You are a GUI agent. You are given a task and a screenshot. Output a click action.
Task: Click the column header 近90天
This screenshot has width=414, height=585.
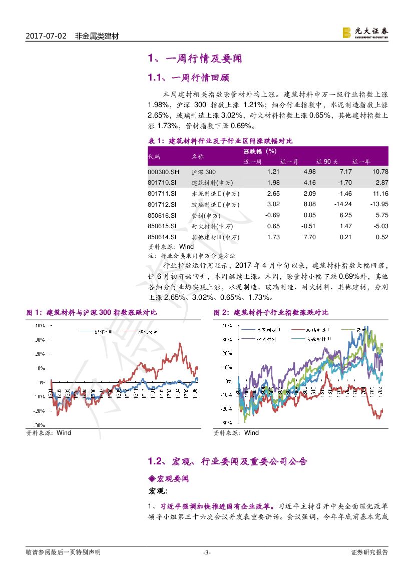coord(327,162)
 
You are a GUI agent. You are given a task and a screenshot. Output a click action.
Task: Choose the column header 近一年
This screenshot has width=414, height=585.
coord(361,162)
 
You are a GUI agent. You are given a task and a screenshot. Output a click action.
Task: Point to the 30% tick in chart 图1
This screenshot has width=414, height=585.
coord(39,340)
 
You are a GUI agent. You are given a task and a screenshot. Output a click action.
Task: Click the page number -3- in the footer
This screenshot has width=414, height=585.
coord(207,552)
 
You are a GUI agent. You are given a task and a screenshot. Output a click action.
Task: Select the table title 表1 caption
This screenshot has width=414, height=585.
coord(220,141)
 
